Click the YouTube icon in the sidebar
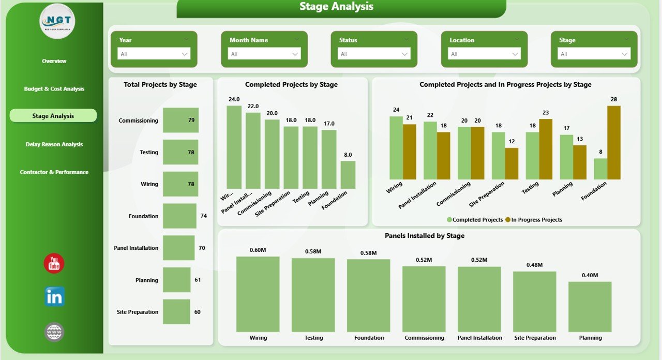[54, 264]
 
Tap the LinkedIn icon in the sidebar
[54, 297]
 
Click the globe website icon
[54, 332]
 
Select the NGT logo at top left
[57, 21]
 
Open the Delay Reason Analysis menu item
[54, 144]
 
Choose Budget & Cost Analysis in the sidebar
[54, 89]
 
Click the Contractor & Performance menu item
[54, 172]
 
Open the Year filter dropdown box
[154, 54]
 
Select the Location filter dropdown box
[485, 54]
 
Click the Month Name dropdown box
[264, 54]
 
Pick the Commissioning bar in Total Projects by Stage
[180, 120]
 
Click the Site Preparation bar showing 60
[176, 312]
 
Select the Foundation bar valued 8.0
[348, 175]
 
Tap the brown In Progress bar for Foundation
[614, 142]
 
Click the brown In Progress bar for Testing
[546, 149]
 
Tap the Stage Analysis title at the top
[336, 7]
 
